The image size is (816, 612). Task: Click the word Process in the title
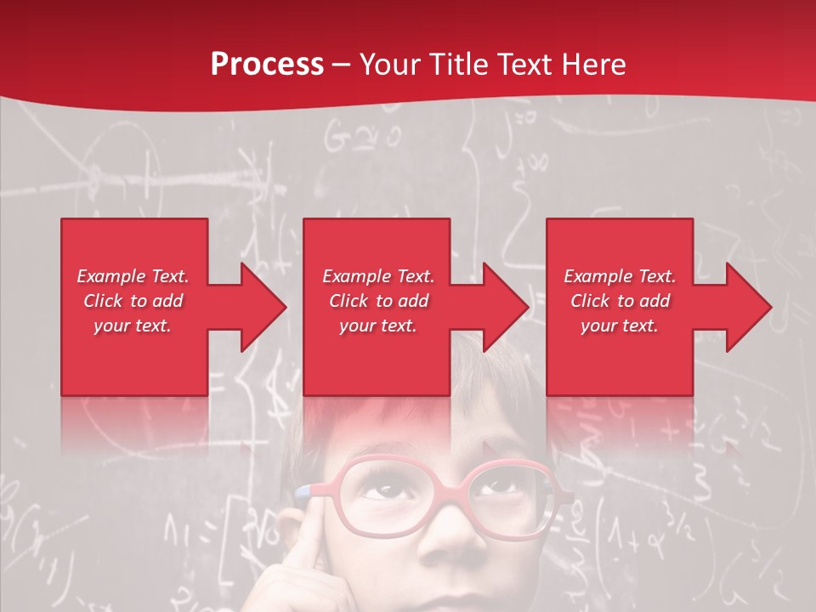click(x=267, y=65)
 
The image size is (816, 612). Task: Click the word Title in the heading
click(x=459, y=65)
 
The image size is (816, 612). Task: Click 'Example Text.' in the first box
click(x=133, y=276)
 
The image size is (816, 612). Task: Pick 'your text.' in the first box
click(x=133, y=326)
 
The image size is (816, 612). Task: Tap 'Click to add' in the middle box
click(x=378, y=301)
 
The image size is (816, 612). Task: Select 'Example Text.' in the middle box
click(x=378, y=276)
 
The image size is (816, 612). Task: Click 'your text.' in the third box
click(x=620, y=326)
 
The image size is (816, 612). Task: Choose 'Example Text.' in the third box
click(x=620, y=276)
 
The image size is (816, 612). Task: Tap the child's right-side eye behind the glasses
click(x=504, y=485)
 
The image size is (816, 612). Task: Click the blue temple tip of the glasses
click(x=302, y=490)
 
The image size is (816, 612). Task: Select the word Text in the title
click(x=522, y=65)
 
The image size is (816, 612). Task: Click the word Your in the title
click(x=390, y=65)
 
